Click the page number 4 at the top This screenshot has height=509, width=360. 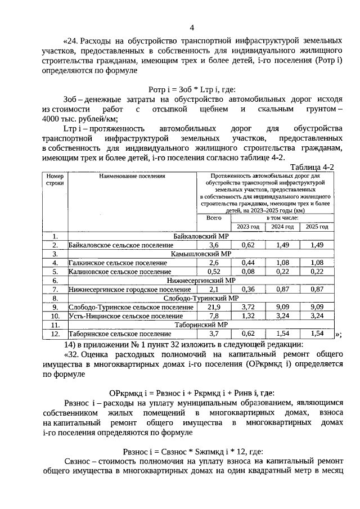point(192,28)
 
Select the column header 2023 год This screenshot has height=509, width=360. point(247,226)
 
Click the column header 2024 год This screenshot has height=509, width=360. point(282,226)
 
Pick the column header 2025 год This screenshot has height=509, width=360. point(317,226)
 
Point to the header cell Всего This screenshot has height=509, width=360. point(213,217)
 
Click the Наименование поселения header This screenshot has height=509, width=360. point(132,176)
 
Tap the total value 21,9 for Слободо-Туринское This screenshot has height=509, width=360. point(213,307)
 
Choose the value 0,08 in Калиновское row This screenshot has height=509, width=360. point(247,272)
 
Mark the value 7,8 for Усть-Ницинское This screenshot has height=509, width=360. point(213,316)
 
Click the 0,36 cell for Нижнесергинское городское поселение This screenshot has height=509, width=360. point(247,289)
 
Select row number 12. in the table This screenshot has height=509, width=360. point(55,334)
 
